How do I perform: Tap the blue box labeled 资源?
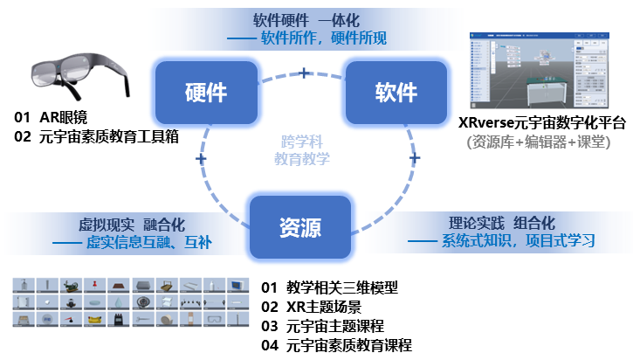[301, 228]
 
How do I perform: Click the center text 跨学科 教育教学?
[301, 149]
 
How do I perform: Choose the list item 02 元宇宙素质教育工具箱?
[96, 136]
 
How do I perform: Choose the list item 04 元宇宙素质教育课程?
[349, 345]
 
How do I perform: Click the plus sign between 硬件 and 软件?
[304, 72]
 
